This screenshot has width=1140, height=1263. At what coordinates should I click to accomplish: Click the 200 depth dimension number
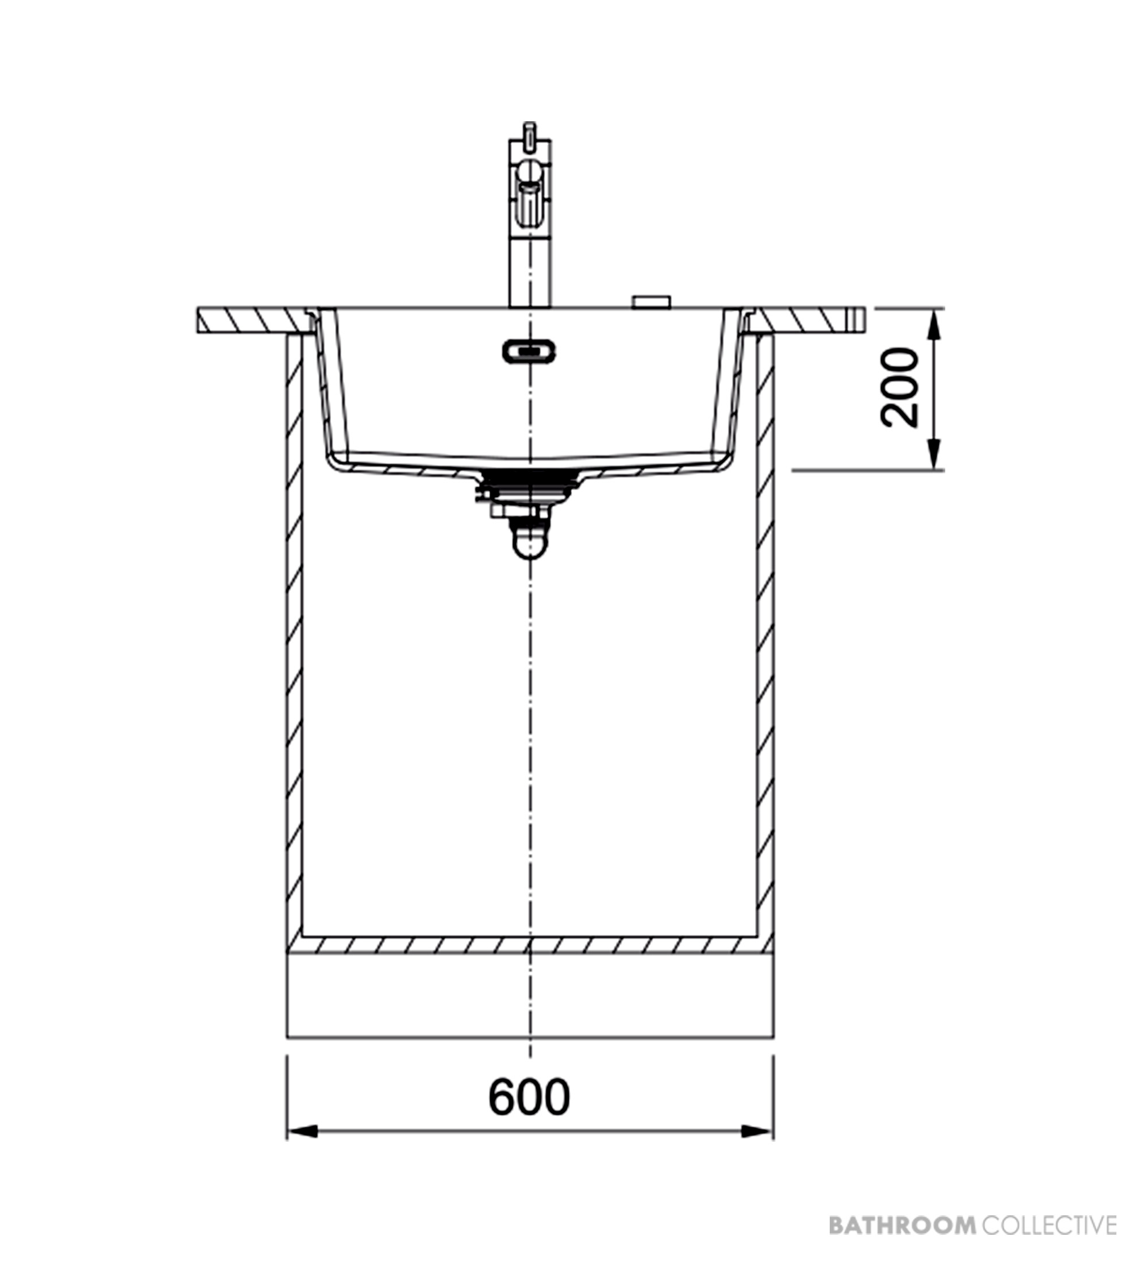pyautogui.click(x=899, y=388)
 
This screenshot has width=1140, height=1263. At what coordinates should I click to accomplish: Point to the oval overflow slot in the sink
pyautogui.click(x=529, y=351)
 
